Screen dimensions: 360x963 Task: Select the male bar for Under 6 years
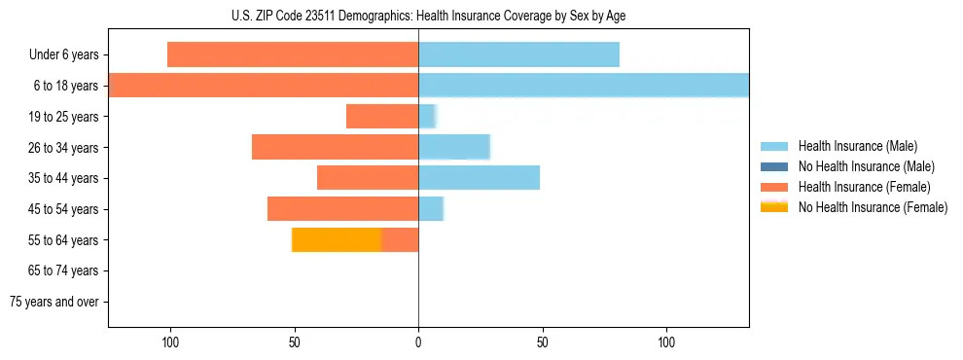click(518, 54)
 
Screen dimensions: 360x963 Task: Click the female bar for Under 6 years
click(293, 54)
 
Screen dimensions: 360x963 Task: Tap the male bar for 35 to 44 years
click(479, 178)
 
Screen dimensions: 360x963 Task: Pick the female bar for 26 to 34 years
click(335, 147)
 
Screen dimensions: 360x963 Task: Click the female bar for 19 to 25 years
click(382, 117)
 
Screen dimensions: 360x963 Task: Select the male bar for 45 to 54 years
click(431, 208)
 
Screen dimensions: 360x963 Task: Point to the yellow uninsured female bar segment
click(337, 239)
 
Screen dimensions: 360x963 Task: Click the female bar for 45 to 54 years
click(342, 208)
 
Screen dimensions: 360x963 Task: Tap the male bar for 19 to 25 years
click(427, 117)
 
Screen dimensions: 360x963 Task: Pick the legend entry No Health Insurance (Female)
click(873, 207)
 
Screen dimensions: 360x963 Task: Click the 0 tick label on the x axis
click(418, 342)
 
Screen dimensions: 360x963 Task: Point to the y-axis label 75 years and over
click(54, 302)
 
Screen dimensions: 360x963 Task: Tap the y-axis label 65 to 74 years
click(64, 270)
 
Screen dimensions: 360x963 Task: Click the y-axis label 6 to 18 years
click(65, 86)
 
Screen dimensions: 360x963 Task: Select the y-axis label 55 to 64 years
click(64, 240)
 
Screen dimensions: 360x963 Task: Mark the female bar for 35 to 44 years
click(368, 178)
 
